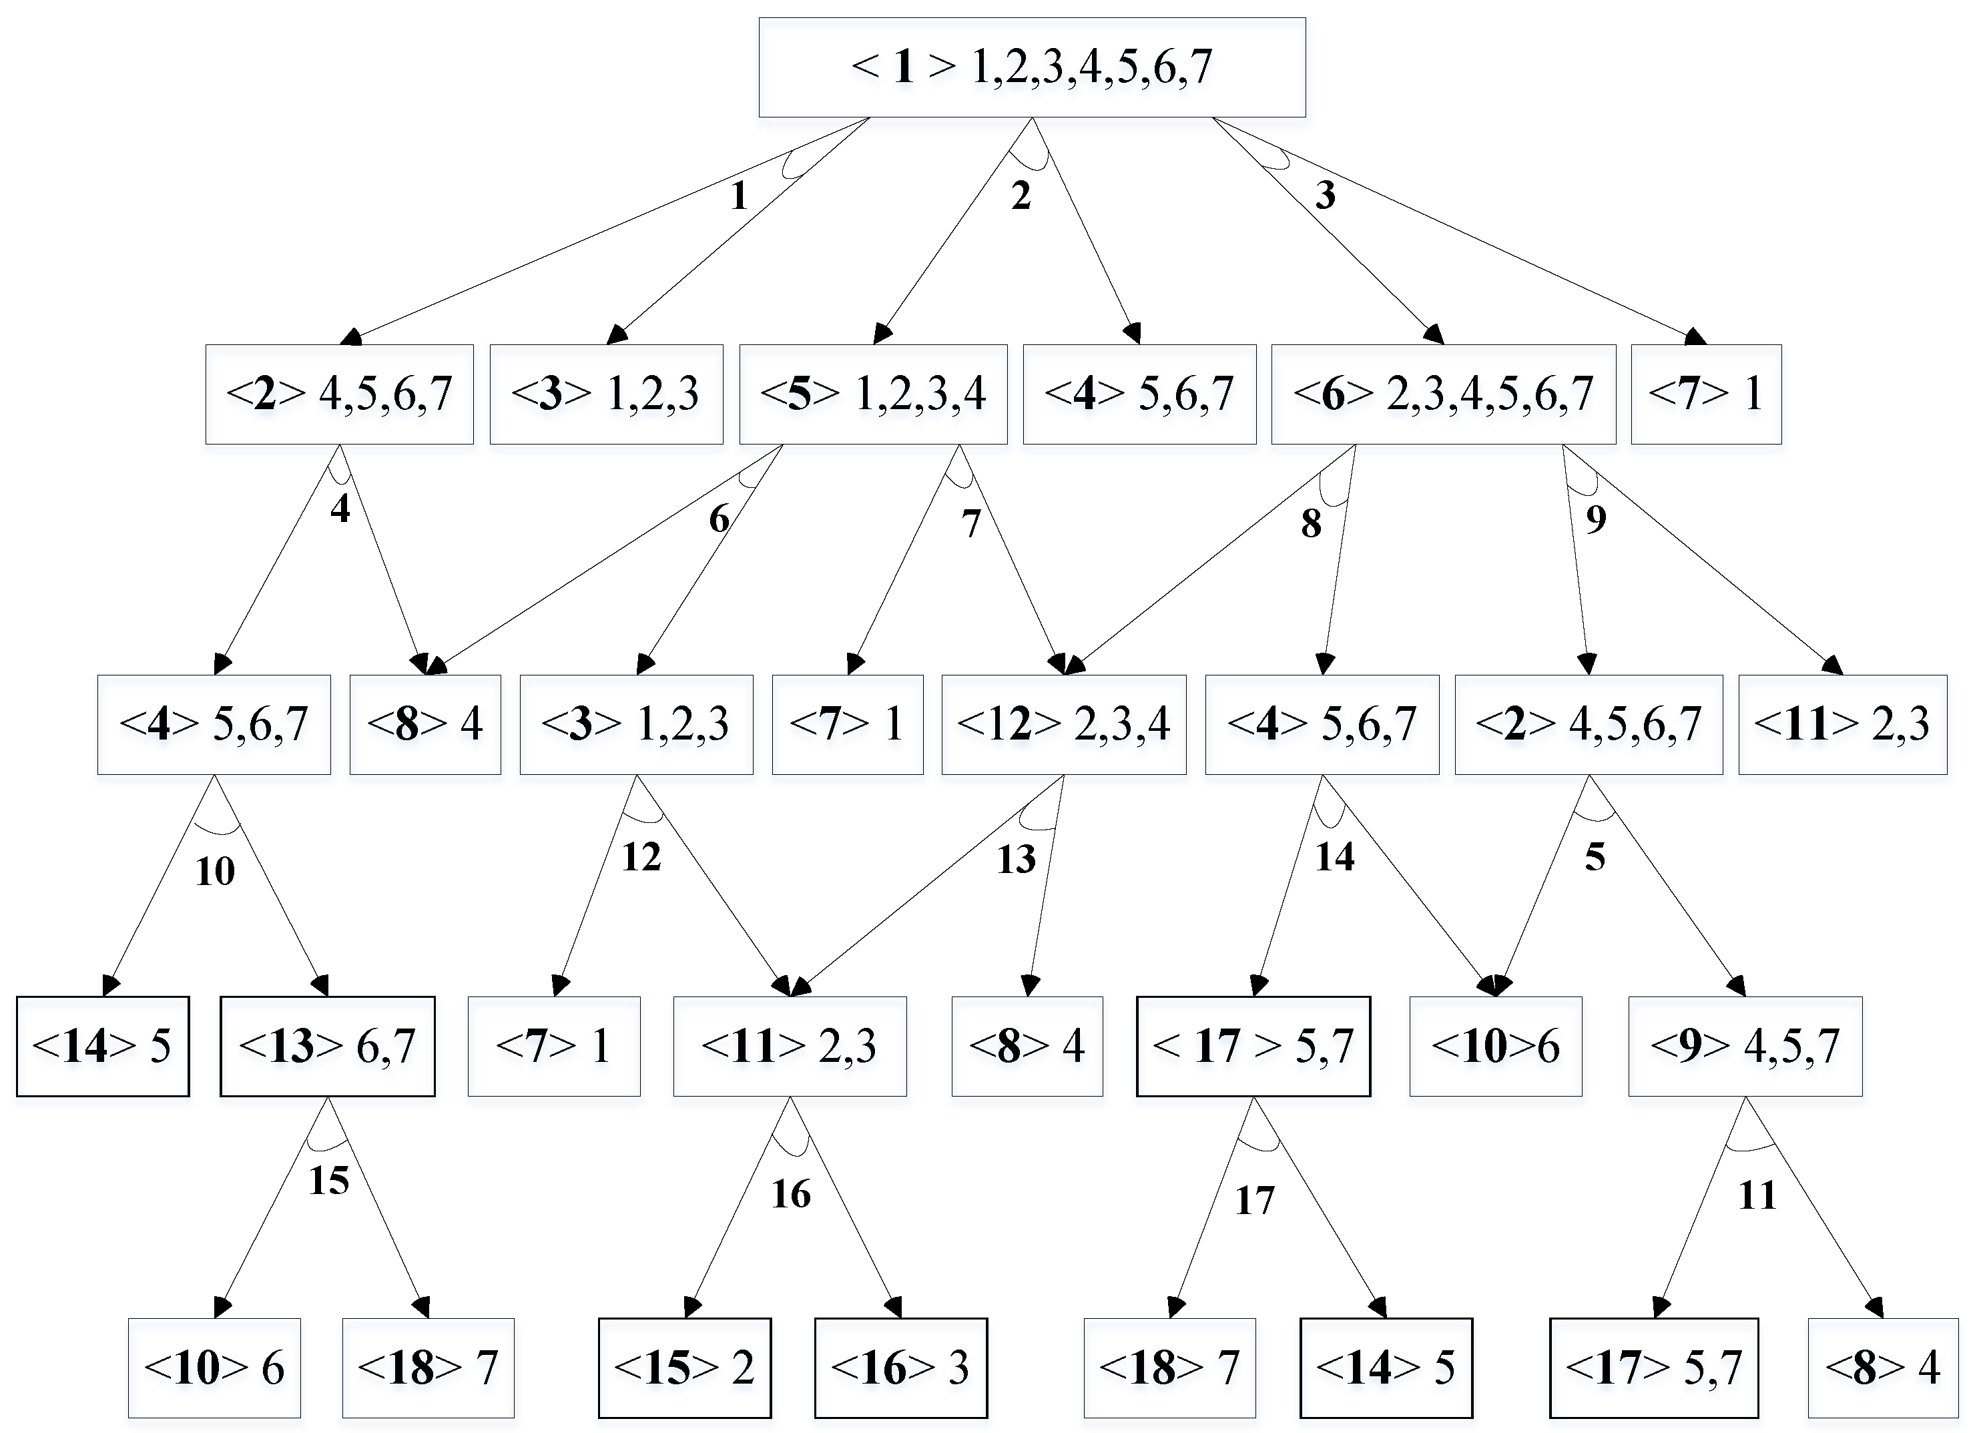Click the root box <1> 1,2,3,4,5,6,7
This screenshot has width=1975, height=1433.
tap(1032, 67)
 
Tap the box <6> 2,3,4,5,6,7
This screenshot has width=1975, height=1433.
tap(1443, 394)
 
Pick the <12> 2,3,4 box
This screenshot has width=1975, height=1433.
tap(1063, 724)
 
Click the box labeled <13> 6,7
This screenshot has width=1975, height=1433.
tap(328, 1046)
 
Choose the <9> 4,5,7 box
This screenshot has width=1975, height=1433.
tap(1745, 1046)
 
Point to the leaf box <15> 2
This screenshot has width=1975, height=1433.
tap(684, 1368)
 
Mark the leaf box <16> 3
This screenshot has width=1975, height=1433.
tap(900, 1368)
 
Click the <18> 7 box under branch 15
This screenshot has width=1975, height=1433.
tap(428, 1368)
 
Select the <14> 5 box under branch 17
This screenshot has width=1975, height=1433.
tap(1386, 1368)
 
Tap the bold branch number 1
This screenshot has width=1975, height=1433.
tap(740, 196)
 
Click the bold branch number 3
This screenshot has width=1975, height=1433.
tap(1324, 195)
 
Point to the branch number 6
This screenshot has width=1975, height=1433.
tap(718, 519)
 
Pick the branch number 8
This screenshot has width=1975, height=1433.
tap(1311, 523)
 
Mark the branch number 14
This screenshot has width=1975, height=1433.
tap(1334, 857)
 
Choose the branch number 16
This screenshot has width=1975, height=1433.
tap(791, 1193)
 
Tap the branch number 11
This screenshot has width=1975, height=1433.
tap(1757, 1195)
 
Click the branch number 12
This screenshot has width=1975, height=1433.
tap(641, 858)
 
